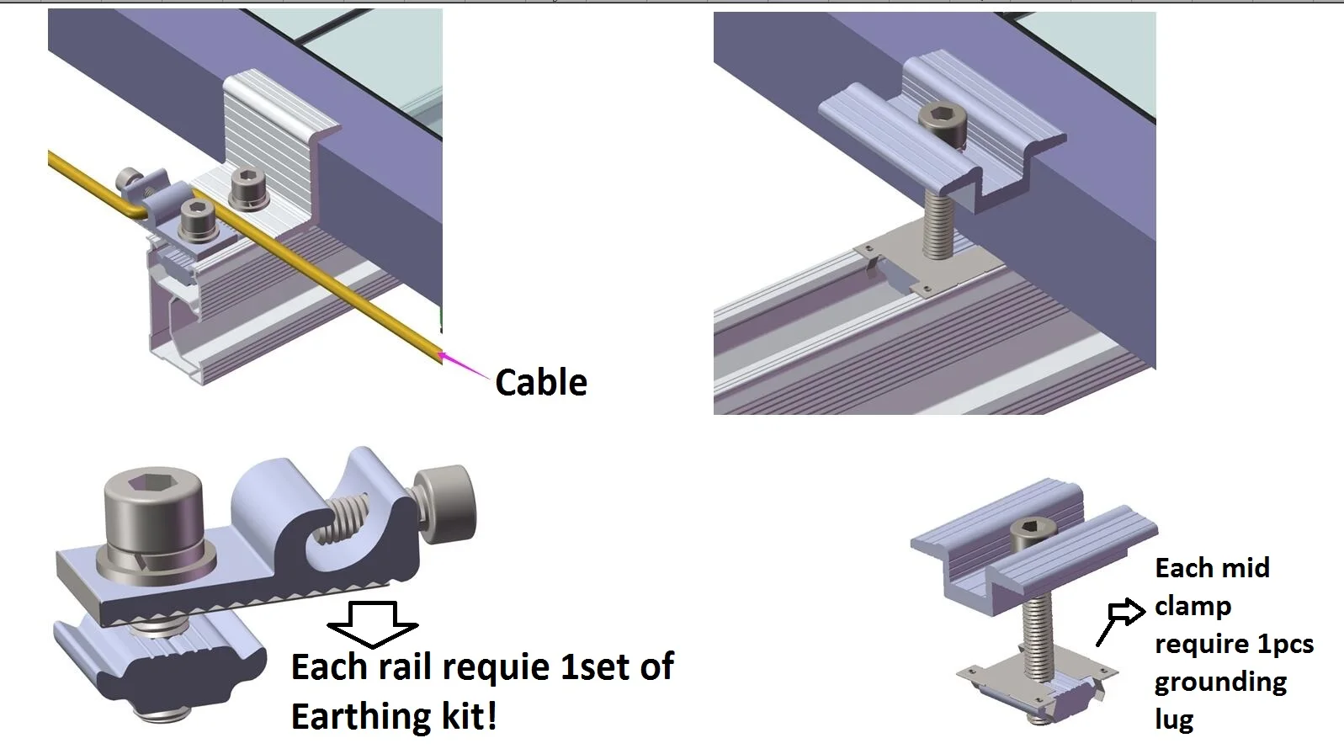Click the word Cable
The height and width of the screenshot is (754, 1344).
541,383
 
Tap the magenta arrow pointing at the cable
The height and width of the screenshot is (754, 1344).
465,367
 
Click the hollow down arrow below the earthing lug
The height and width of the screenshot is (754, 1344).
373,624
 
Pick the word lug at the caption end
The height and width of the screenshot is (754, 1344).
1174,720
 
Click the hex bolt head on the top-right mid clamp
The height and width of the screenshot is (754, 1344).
942,122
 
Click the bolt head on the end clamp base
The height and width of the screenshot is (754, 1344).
249,188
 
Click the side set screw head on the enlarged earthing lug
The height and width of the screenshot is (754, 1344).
446,502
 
